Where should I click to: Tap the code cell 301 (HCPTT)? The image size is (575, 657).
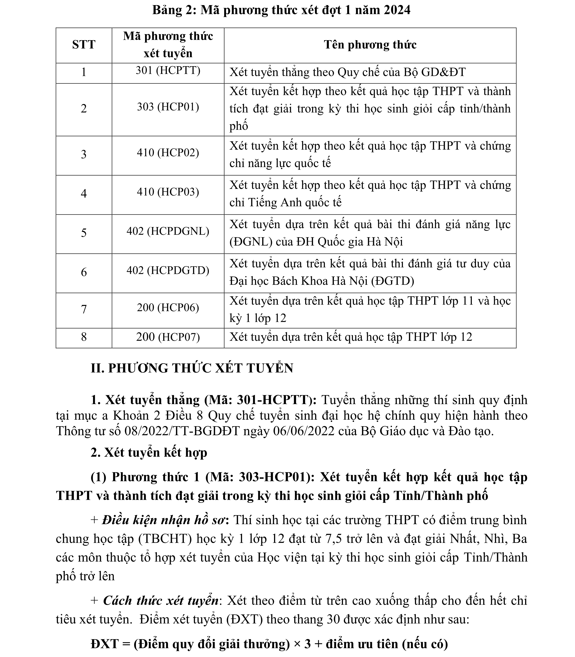[168, 70]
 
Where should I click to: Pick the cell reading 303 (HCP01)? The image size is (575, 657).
[168, 107]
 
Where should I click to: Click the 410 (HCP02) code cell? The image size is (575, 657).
[168, 153]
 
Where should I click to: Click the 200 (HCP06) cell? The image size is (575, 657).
[168, 308]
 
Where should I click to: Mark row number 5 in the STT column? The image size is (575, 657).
[84, 232]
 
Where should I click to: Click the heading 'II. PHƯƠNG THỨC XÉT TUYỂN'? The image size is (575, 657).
[192, 368]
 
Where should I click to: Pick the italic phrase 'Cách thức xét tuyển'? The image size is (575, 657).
[161, 601]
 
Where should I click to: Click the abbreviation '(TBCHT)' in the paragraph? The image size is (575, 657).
[165, 539]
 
